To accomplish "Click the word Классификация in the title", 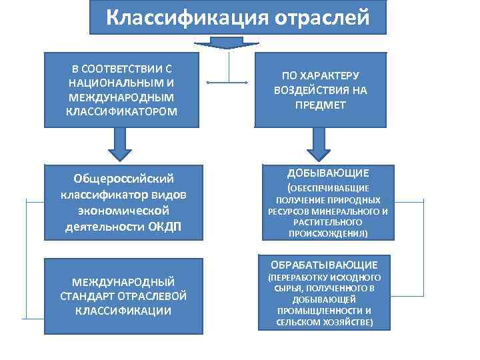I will tap(185, 17).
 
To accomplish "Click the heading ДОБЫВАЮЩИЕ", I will tap(327, 173).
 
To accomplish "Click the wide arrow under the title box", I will tap(227, 43).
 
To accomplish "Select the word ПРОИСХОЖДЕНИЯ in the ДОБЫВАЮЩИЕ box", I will tap(327, 234).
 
